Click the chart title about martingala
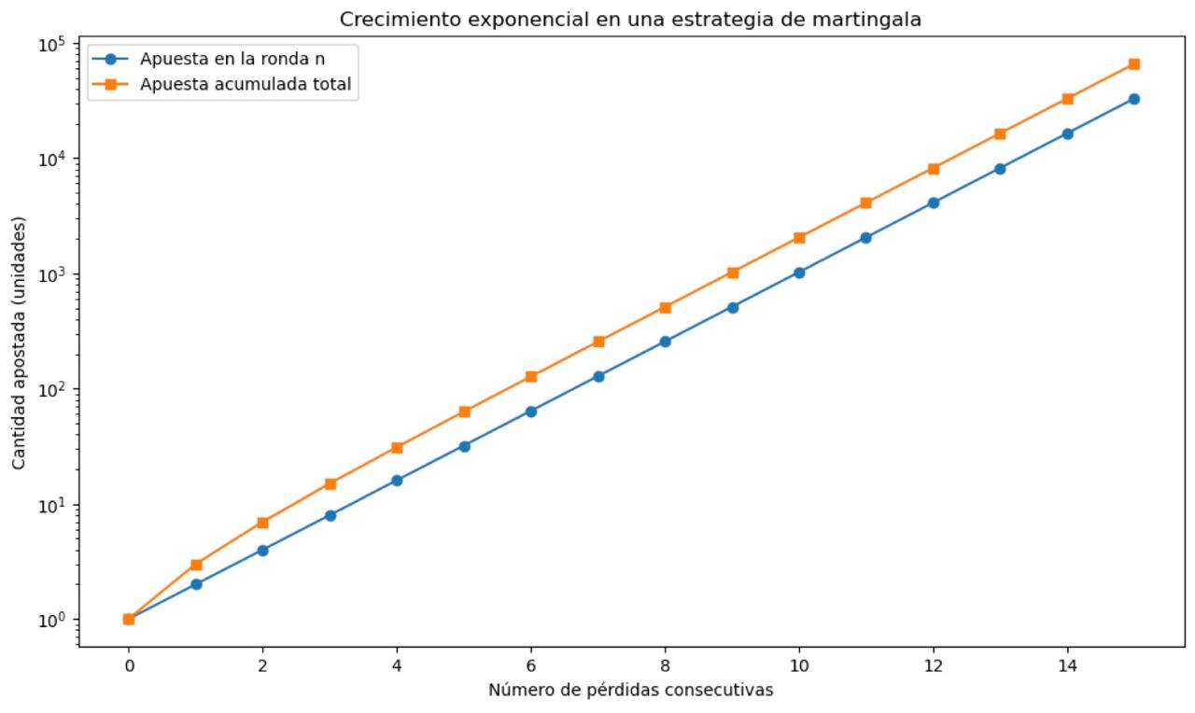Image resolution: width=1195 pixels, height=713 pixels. tap(630, 20)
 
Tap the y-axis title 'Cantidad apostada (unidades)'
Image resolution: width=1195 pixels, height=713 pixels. tap(20, 343)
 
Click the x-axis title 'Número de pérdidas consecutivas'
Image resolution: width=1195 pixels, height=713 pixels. tap(630, 691)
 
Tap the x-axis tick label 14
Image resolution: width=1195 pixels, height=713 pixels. tap(1067, 665)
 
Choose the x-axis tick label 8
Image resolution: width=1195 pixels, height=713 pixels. tap(665, 665)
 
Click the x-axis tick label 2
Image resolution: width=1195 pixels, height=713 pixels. tap(262, 665)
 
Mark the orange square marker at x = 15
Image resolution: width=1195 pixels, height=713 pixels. tap(1133, 64)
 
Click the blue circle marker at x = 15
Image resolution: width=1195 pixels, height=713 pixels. tap(1133, 99)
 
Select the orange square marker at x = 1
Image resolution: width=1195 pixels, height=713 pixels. tap(196, 565)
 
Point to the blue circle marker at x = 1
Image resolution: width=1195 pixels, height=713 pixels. tap(196, 584)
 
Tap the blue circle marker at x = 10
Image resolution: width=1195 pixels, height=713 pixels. tap(799, 273)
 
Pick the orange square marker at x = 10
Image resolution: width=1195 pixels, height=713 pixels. tap(799, 238)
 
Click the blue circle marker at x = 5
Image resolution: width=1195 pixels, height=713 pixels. tap(464, 446)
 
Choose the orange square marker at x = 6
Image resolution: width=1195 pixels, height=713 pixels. tap(531, 377)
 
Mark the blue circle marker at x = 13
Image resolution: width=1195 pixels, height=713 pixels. tap(1000, 169)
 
